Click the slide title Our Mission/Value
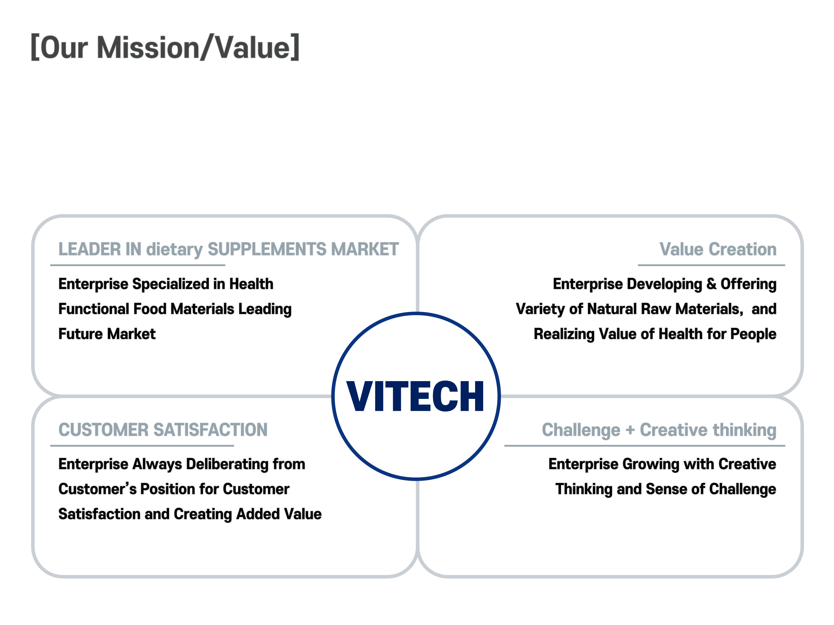tap(165, 47)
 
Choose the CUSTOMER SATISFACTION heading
tap(163, 429)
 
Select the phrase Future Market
tap(107, 334)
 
